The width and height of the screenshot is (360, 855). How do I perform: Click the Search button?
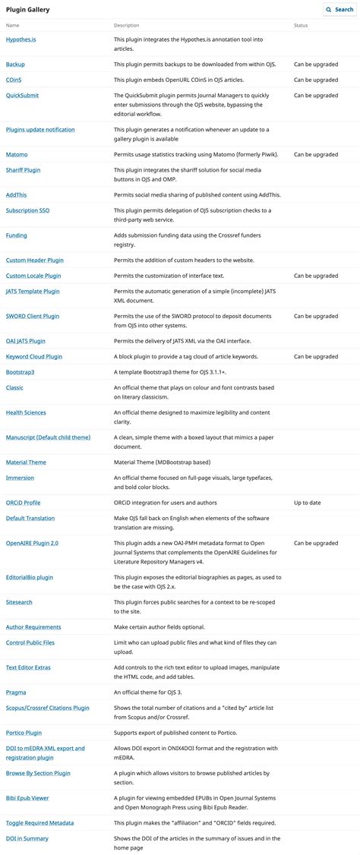tap(338, 9)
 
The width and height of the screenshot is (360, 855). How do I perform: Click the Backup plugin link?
tap(15, 65)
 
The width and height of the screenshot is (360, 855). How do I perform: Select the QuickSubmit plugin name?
tap(22, 95)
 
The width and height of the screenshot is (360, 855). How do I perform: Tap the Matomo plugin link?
tap(17, 154)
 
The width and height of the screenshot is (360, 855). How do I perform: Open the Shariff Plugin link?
tap(23, 170)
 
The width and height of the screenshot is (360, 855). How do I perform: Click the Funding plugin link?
tap(16, 235)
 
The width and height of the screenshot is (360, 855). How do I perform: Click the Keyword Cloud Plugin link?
tap(34, 356)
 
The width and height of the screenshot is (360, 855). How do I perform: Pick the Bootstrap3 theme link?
tap(20, 372)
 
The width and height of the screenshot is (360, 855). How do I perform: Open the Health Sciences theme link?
tap(26, 412)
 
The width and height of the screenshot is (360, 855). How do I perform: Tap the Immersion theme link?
tap(20, 478)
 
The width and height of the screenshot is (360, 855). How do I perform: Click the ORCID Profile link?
tap(23, 503)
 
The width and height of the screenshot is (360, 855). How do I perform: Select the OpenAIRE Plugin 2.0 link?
tap(32, 543)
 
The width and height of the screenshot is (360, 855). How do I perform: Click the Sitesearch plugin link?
tap(19, 602)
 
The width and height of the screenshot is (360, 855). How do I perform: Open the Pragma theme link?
tap(16, 692)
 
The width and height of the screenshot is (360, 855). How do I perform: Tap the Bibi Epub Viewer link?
tap(27, 798)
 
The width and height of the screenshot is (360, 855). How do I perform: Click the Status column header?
tap(301, 26)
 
